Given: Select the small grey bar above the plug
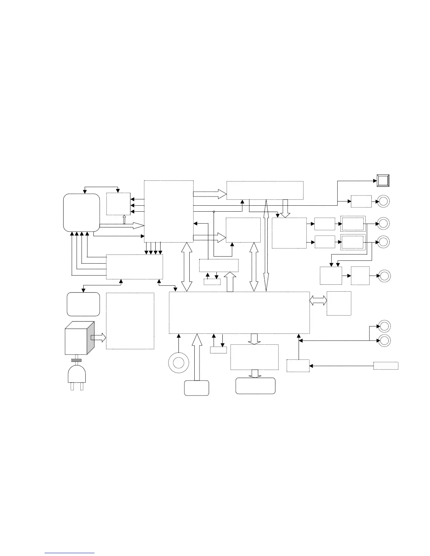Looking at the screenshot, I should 76,360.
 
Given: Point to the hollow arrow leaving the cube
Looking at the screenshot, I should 98,338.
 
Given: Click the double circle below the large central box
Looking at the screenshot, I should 178,362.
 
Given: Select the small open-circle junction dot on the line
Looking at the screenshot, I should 214,211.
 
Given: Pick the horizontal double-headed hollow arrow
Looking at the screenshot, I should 318,300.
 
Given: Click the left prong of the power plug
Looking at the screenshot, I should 72,386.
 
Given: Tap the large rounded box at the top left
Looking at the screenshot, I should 81,212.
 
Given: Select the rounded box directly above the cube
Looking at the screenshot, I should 83,304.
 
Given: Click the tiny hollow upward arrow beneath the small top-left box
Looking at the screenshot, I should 124,219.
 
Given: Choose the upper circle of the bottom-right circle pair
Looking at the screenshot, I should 384,326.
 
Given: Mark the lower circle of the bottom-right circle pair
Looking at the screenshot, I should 384,340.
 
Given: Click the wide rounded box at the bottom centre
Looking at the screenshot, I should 255,386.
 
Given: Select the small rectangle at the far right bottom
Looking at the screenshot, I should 386,365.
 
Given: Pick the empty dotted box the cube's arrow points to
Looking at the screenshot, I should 130,321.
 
